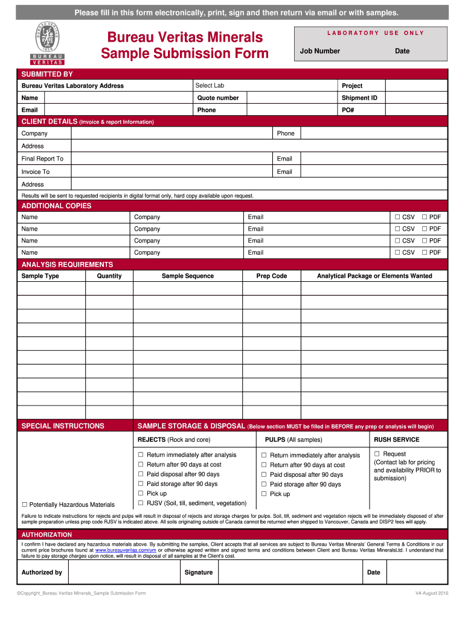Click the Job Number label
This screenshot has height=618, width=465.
pyautogui.click(x=320, y=51)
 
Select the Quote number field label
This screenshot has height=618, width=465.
pyautogui.click(x=218, y=98)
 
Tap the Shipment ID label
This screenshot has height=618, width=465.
pyautogui.click(x=359, y=98)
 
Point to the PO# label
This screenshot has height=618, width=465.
pyautogui.click(x=348, y=110)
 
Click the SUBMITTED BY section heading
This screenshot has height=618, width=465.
pyautogui.click(x=47, y=74)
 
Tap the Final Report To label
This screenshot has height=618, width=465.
pyautogui.click(x=42, y=159)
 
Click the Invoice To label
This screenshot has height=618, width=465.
pyautogui.click(x=36, y=172)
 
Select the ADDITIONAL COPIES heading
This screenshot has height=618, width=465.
pyautogui.click(x=56, y=206)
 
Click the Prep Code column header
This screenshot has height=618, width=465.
pyautogui.click(x=272, y=276)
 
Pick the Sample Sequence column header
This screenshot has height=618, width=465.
pyautogui.click(x=187, y=276)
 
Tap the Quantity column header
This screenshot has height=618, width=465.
pyautogui.click(x=109, y=276)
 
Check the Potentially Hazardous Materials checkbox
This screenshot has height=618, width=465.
pyautogui.click(x=25, y=505)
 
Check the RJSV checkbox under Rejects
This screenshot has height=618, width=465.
pyautogui.click(x=141, y=503)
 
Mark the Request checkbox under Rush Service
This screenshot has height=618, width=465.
pyautogui.click(x=377, y=454)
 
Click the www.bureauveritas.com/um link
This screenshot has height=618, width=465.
pyautogui.click(x=126, y=550)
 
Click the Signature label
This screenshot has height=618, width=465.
pyautogui.click(x=199, y=572)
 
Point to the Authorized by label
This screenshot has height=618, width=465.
pyautogui.click(x=42, y=572)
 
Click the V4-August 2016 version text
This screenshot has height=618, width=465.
pyautogui.click(x=431, y=594)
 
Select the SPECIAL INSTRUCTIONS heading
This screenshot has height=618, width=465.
pyautogui.click(x=63, y=426)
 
